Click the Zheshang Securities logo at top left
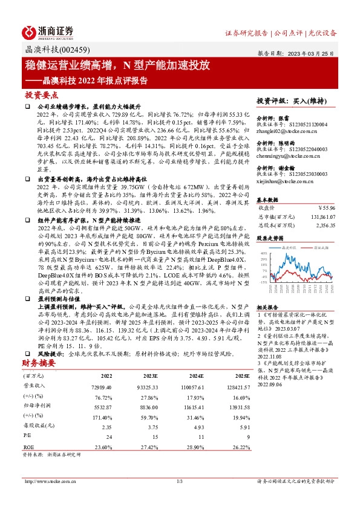click(x=48, y=32)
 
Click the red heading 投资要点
click(x=42, y=95)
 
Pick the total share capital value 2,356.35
click(x=324, y=224)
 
